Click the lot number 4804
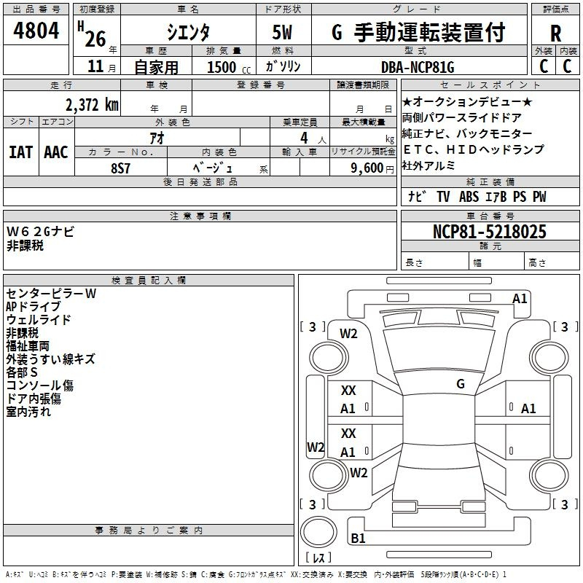pyautogui.click(x=36, y=31)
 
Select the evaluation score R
pyautogui.click(x=556, y=34)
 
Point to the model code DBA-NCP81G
pyautogui.click(x=418, y=67)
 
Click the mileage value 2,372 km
pyautogui.click(x=92, y=105)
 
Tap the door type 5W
pyautogui.click(x=283, y=33)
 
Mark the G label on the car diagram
pyautogui.click(x=460, y=383)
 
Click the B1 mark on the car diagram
pyautogui.click(x=358, y=539)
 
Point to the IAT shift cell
pyautogui.click(x=21, y=152)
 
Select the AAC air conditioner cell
pyautogui.click(x=56, y=152)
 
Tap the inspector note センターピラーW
pyautogui.click(x=51, y=293)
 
